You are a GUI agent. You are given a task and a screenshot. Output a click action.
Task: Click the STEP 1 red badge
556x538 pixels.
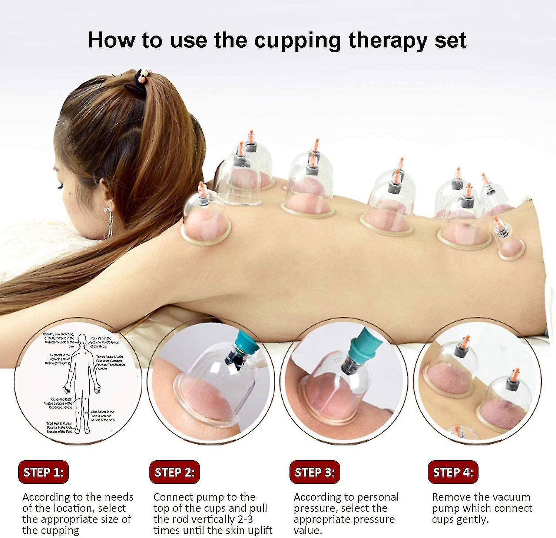pyautogui.click(x=43, y=472)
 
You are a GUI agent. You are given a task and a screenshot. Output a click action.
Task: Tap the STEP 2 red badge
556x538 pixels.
pyautogui.click(x=175, y=472)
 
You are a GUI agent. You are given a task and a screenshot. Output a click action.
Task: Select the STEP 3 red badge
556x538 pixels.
pyautogui.click(x=315, y=472)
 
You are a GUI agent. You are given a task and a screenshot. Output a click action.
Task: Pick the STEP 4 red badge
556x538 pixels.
pyautogui.click(x=453, y=472)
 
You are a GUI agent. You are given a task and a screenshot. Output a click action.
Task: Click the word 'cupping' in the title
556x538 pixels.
pyautogui.click(x=297, y=41)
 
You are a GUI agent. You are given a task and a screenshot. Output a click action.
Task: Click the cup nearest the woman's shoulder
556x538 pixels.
pyautogui.click(x=205, y=218)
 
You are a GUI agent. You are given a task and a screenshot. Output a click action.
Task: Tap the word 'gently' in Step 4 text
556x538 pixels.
pyautogui.click(x=473, y=519)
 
